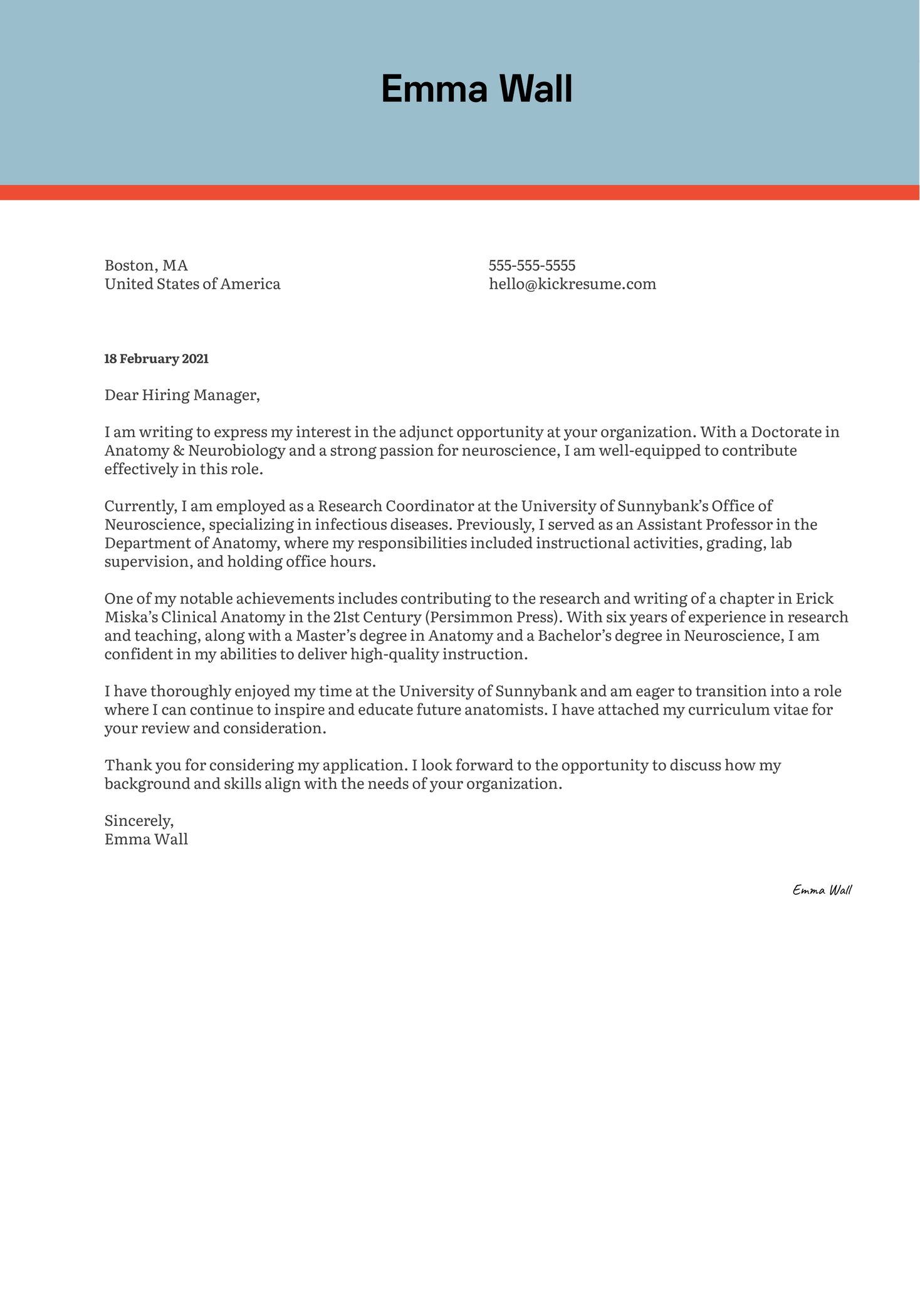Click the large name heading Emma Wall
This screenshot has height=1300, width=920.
pyautogui.click(x=476, y=89)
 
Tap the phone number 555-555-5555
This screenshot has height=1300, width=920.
pyautogui.click(x=531, y=266)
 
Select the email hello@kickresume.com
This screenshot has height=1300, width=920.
pyautogui.click(x=572, y=284)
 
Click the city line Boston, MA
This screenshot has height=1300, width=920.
pyautogui.click(x=146, y=266)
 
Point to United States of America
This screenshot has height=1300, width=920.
pyautogui.click(x=192, y=284)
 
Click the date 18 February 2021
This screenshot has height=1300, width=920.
pyautogui.click(x=156, y=359)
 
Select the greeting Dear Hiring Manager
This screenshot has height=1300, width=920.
pyautogui.click(x=181, y=395)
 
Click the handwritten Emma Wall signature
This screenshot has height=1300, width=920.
pyautogui.click(x=822, y=890)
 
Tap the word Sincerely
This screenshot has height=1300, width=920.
pyautogui.click(x=139, y=820)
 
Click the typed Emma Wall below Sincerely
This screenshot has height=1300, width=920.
pyautogui.click(x=146, y=839)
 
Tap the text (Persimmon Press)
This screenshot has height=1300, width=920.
pyautogui.click(x=493, y=617)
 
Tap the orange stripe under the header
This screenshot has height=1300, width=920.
pyautogui.click(x=460, y=192)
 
